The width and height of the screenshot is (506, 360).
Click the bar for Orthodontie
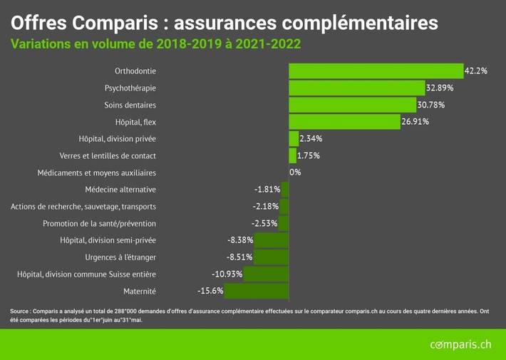[x=376, y=71]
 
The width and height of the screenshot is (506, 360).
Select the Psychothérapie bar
[x=356, y=88]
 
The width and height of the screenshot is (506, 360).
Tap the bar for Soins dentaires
[x=352, y=105]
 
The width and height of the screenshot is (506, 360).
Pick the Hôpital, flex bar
[x=344, y=122]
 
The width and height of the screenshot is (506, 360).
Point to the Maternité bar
[x=257, y=291]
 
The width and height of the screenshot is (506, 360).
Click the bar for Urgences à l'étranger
[x=271, y=257]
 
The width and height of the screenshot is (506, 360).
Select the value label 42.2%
[x=475, y=71]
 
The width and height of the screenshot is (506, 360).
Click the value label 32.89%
[x=440, y=88]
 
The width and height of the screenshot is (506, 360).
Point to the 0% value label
[x=295, y=173]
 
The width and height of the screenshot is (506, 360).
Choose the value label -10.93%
[x=227, y=274]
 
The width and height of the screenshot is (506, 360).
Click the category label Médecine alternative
[x=120, y=190]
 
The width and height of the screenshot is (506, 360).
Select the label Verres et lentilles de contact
[x=107, y=155]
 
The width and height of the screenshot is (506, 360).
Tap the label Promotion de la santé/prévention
[x=99, y=223]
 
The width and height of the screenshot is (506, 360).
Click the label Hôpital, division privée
[x=117, y=138]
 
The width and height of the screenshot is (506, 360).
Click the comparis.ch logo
[x=460, y=345]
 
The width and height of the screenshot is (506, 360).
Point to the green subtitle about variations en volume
[x=155, y=44]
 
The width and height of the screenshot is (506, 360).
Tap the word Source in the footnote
[x=20, y=311]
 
